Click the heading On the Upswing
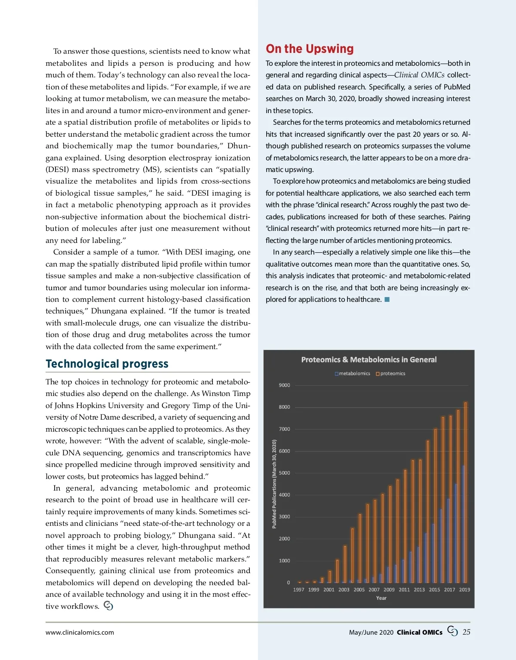pyautogui.click(x=310, y=49)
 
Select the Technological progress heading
pyautogui.click(x=107, y=364)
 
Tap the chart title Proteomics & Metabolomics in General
pyautogui.click(x=369, y=359)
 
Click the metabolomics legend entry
pyautogui.click(x=352, y=374)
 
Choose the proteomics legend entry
pyautogui.click(x=390, y=374)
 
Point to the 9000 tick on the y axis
pyautogui.click(x=284, y=385)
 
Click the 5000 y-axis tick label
pyautogui.click(x=284, y=473)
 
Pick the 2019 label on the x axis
pyautogui.click(x=464, y=589)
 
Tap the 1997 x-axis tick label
pyautogui.click(x=298, y=589)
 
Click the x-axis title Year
pyautogui.click(x=381, y=598)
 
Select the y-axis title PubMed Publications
pyautogui.click(x=274, y=484)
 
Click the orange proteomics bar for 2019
pyautogui.click(x=466, y=492)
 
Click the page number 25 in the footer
pyautogui.click(x=467, y=632)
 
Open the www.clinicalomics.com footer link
pyautogui.click(x=80, y=632)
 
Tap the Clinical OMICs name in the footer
pyautogui.click(x=419, y=632)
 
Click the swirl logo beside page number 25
pyautogui.click(x=452, y=631)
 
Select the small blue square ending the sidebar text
pyautogui.click(x=387, y=299)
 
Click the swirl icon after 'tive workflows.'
pyautogui.click(x=108, y=606)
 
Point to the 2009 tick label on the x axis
pyautogui.click(x=389, y=589)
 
